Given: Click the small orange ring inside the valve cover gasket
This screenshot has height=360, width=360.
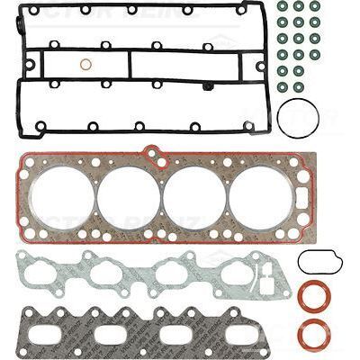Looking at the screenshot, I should point(85,64).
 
